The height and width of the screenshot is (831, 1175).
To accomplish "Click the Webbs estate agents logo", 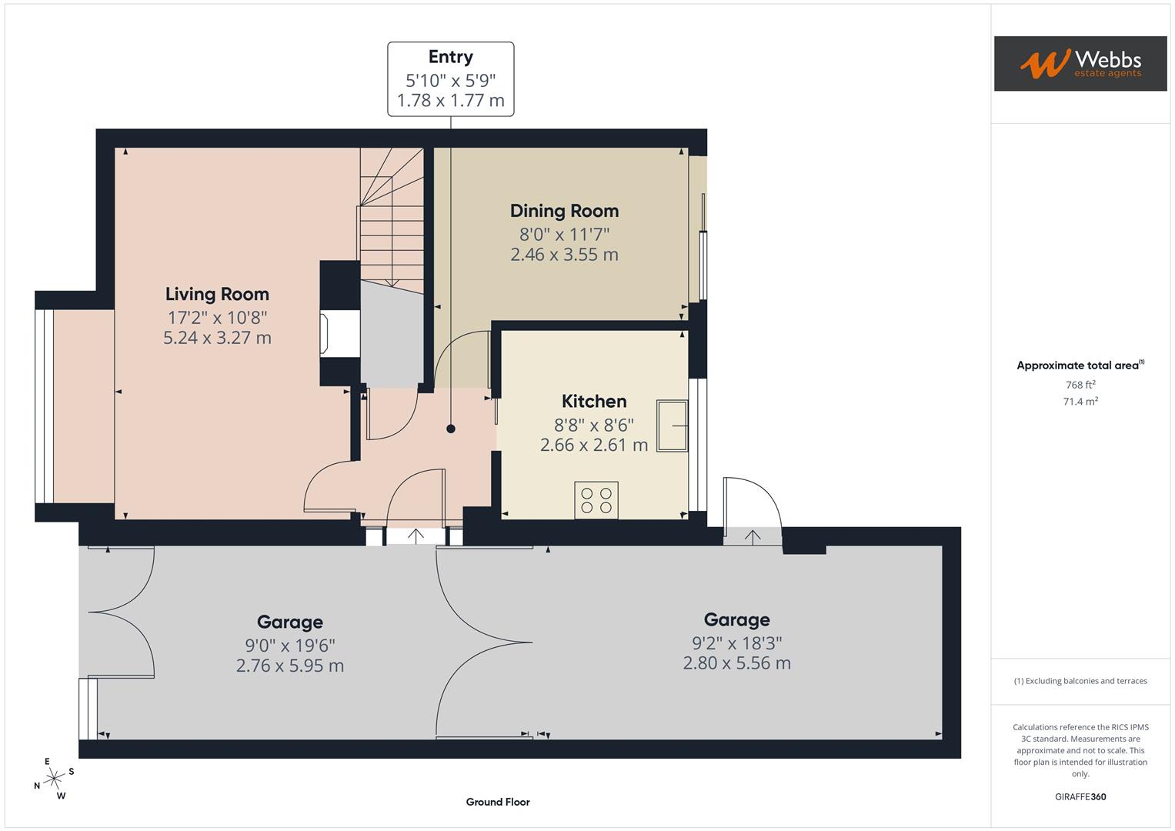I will pyautogui.click(x=1080, y=64).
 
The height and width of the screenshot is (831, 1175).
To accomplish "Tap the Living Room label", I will pyautogui.click(x=217, y=294).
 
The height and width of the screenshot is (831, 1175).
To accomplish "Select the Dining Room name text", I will pyautogui.click(x=564, y=211).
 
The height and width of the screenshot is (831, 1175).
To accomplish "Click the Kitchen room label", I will pyautogui.click(x=593, y=401).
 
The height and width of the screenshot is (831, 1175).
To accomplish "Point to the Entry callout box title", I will pyautogui.click(x=450, y=57).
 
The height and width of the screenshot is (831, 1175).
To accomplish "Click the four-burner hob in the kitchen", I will pyautogui.click(x=596, y=500).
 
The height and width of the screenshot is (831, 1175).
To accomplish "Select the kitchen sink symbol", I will pyautogui.click(x=672, y=426).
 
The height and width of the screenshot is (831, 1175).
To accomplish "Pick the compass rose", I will pyautogui.click(x=54, y=779).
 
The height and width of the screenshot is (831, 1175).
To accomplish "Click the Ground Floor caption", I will pyautogui.click(x=498, y=802).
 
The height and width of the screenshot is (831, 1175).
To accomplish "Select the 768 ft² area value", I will pyautogui.click(x=1080, y=385).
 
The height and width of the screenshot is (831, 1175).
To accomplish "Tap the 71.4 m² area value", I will pyautogui.click(x=1080, y=402).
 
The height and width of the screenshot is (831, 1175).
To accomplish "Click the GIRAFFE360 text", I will pyautogui.click(x=1080, y=797).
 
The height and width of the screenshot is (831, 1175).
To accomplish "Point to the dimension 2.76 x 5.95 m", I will pyautogui.click(x=289, y=666).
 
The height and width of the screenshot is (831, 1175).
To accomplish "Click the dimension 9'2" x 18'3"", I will pyautogui.click(x=736, y=642).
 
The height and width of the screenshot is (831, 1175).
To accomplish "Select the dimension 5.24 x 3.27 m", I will pyautogui.click(x=217, y=338).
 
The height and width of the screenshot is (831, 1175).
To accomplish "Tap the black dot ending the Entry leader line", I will pyautogui.click(x=451, y=429).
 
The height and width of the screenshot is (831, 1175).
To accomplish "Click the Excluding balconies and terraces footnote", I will pyautogui.click(x=1080, y=681).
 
